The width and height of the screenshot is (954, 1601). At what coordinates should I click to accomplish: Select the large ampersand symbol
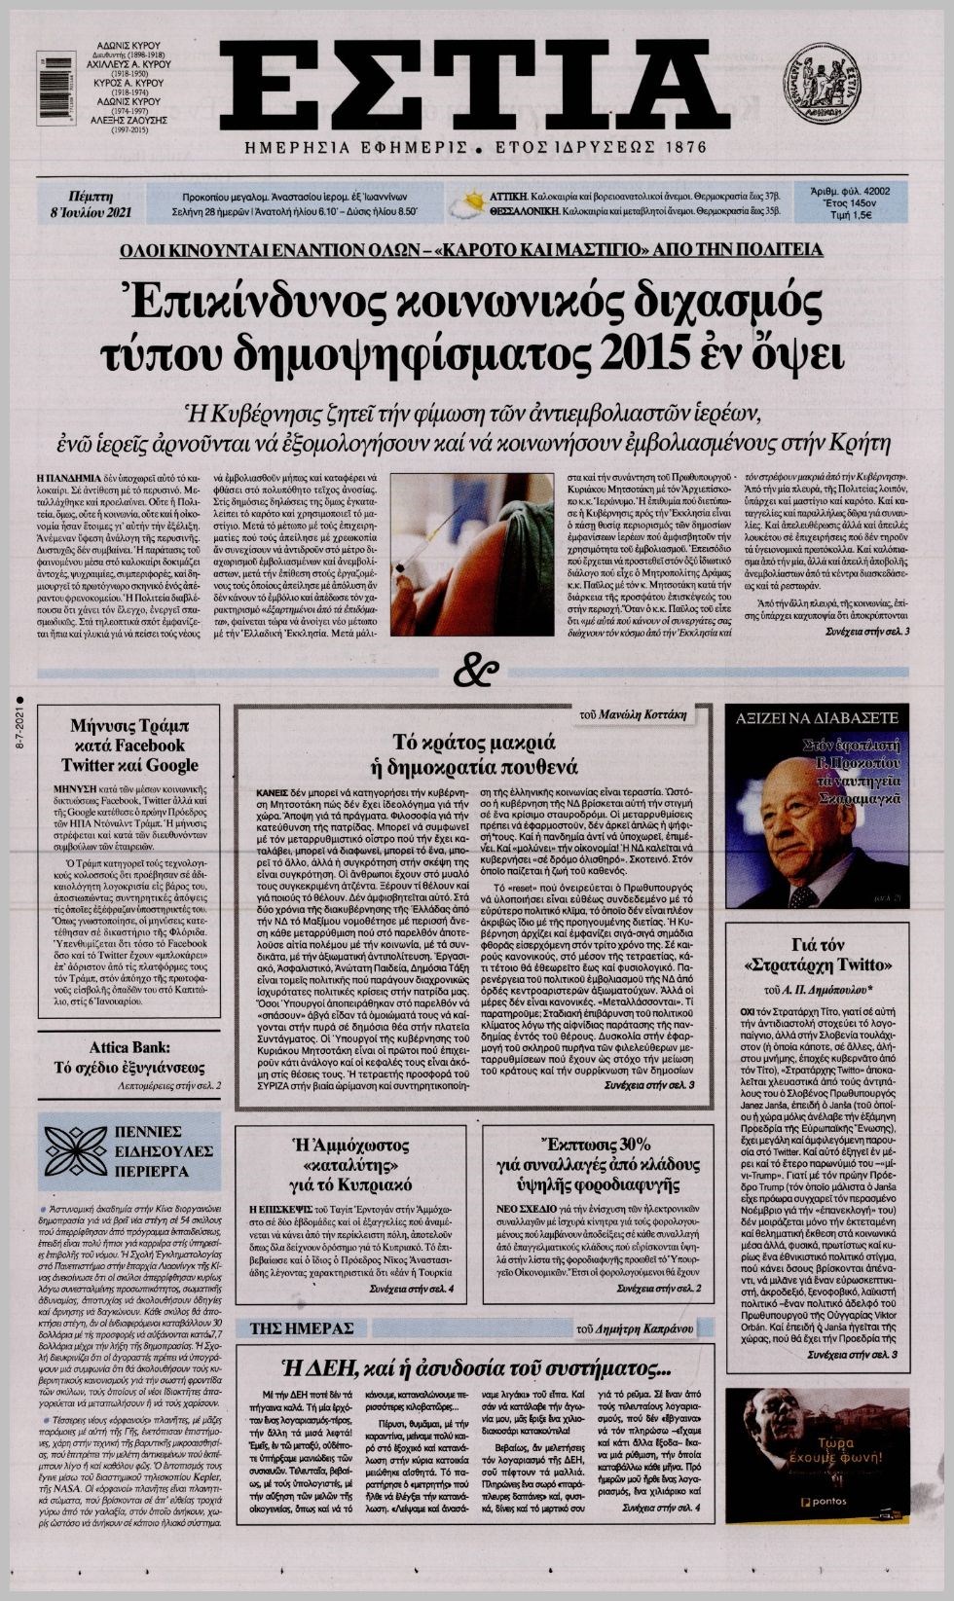476,672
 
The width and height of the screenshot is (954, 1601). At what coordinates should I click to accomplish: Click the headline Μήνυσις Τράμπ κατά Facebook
129,745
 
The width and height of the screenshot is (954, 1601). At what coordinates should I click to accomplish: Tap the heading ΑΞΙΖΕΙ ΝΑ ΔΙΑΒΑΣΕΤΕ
818,720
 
